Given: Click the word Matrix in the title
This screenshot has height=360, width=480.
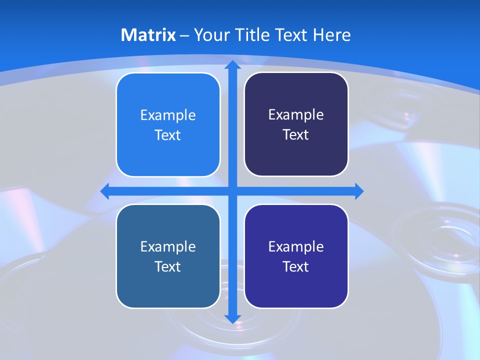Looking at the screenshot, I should [x=148, y=35].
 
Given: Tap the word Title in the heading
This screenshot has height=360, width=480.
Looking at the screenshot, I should [x=248, y=35].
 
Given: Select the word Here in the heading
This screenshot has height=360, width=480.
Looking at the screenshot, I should [x=332, y=35].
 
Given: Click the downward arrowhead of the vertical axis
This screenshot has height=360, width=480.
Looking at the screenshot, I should [x=232, y=319].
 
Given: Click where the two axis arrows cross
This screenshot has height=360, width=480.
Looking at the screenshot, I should [x=232, y=191].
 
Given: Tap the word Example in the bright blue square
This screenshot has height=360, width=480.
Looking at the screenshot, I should [x=168, y=115].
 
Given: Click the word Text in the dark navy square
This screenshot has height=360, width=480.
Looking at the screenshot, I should [x=296, y=135].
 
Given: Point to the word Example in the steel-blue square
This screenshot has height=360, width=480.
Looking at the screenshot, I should [x=168, y=246].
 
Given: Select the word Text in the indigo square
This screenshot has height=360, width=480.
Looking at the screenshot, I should [x=296, y=266].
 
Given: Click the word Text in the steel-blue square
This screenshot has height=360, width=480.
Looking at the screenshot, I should [x=168, y=266].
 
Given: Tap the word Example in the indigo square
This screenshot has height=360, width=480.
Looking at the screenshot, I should [x=296, y=246].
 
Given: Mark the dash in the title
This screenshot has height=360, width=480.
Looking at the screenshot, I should [x=184, y=36].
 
